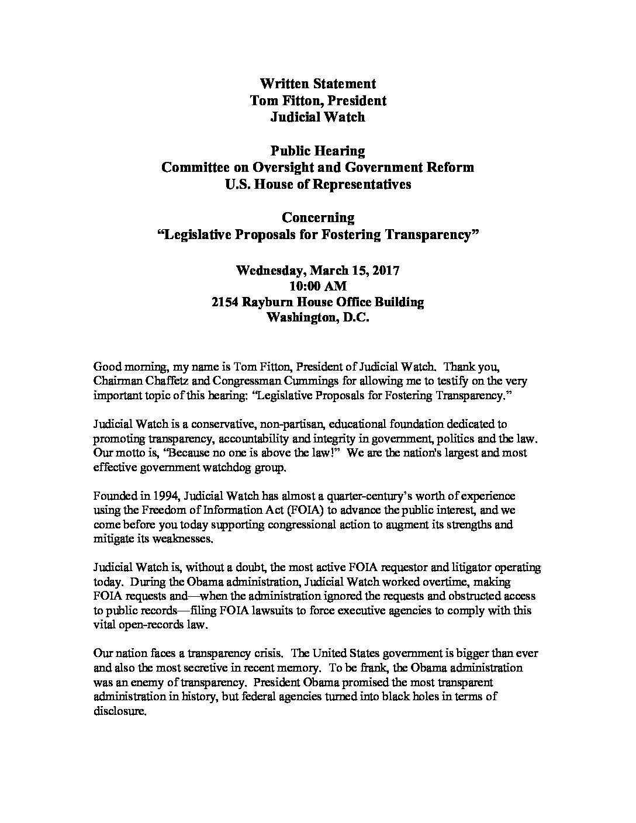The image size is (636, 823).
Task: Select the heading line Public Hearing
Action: [317, 151]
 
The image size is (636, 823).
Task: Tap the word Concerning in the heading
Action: [317, 218]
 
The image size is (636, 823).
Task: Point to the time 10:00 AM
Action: [317, 286]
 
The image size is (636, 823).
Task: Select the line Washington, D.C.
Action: [317, 319]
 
